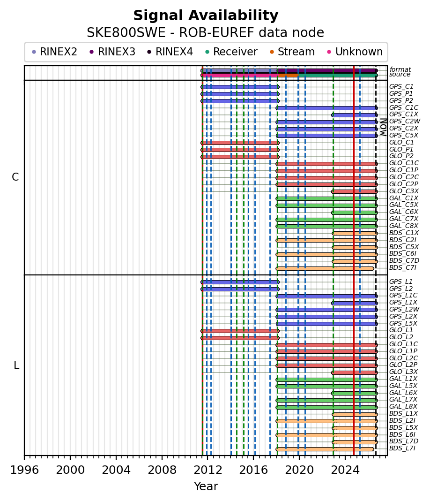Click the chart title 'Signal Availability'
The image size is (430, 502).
[206, 15]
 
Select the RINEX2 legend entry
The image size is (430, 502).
[54, 52]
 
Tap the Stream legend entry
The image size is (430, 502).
[292, 52]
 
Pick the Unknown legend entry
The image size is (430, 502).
[355, 52]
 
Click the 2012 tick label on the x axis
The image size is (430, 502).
[208, 470]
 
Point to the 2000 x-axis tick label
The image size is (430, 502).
[70, 470]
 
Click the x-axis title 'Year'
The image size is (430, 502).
[206, 487]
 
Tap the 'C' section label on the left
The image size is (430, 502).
[15, 177]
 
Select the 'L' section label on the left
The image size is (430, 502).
[16, 365]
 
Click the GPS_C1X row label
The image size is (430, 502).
[403, 114]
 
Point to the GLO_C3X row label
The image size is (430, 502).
[403, 191]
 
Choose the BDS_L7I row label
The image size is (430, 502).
[402, 448]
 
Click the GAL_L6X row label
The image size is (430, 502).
[403, 393]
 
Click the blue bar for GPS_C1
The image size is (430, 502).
[240, 87]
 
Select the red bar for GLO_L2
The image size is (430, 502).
[240, 338]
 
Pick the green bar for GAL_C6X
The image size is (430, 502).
[355, 213]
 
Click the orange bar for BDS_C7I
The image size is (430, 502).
[325, 268]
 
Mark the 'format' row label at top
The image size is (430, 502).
[400, 69]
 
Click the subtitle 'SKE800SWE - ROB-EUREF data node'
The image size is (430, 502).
[206, 33]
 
